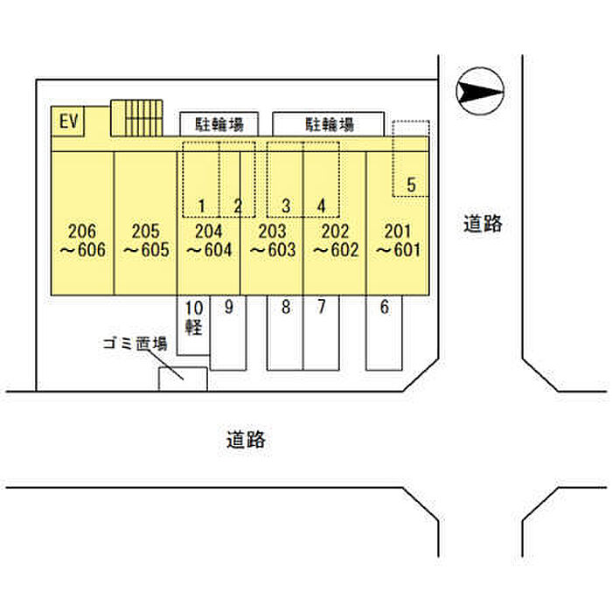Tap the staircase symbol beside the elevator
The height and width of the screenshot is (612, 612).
point(136,118)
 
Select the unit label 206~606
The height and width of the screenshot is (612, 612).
point(81,240)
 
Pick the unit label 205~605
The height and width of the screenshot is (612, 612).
point(145,240)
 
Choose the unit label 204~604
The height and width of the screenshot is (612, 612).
point(208,240)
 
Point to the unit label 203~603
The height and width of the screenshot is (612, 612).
point(272,240)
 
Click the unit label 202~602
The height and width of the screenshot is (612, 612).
point(335,240)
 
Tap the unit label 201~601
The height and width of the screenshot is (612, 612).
point(398,240)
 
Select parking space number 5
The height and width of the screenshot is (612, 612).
point(411,184)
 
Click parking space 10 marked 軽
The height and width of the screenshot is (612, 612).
point(194,317)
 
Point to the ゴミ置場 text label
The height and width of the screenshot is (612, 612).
point(134,344)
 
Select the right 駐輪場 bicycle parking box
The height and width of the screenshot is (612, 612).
point(328,123)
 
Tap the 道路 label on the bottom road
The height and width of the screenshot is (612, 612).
point(245,440)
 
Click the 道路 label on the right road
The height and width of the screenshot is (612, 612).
point(483,224)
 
